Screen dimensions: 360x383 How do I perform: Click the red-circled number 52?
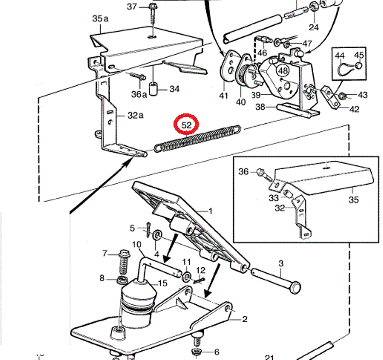point(187,125)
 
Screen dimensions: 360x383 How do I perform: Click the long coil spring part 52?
point(197,138)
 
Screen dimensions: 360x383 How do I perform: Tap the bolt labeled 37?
point(153,14)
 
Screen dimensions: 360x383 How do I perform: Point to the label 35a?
point(100,18)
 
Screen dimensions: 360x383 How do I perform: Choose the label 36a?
point(139,94)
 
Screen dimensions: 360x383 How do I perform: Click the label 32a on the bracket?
point(135,115)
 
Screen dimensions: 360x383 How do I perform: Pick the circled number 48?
point(283,71)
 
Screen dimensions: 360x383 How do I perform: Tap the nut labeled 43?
point(343,96)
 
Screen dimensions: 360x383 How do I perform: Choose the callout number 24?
point(314,27)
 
